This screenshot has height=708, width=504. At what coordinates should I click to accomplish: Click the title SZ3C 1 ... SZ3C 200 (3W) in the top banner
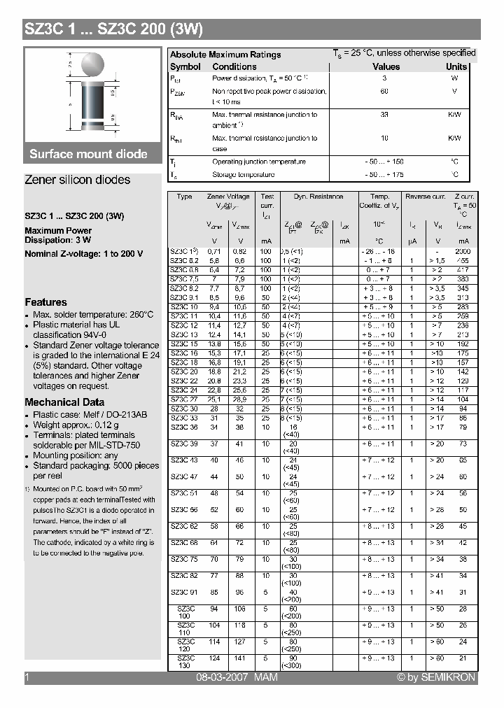pyautogui.click(x=113, y=29)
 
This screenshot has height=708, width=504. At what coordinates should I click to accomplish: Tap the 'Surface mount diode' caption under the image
pyautogui.click(x=88, y=154)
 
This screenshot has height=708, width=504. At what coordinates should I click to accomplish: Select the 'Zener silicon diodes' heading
pyautogui.click(x=77, y=180)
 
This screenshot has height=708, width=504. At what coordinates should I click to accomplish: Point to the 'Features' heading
pyautogui.click(x=45, y=302)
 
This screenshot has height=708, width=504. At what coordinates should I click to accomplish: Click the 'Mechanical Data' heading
pyautogui.click(x=64, y=402)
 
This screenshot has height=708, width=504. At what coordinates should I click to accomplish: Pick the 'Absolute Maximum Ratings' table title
pyautogui.click(x=225, y=55)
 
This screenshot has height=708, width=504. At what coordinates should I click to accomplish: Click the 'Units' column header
pyautogui.click(x=456, y=66)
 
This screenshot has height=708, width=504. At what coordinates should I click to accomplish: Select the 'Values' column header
pyautogui.click(x=386, y=66)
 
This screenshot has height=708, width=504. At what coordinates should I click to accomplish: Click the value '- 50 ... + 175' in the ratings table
pyautogui.click(x=384, y=175)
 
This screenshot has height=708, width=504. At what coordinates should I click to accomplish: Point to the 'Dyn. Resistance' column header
pyautogui.click(x=318, y=197)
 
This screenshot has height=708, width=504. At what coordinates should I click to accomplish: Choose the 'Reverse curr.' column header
pyautogui.click(x=426, y=197)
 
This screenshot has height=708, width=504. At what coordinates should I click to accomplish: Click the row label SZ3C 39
pyautogui.click(x=184, y=444)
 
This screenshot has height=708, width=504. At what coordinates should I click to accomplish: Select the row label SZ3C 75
pyautogui.click(x=184, y=560)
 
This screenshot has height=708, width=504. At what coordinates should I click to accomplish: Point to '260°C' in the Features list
pyautogui.click(x=138, y=315)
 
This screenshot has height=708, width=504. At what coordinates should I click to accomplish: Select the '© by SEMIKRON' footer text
pyautogui.click(x=435, y=677)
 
